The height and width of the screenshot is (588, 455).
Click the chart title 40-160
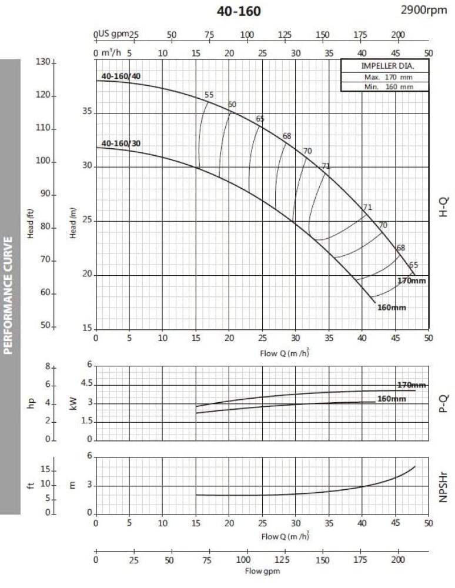pyautogui.click(x=239, y=12)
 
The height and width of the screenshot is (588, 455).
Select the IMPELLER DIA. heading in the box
pyautogui.click(x=384, y=66)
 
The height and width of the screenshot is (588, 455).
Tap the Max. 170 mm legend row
pyautogui.click(x=384, y=77)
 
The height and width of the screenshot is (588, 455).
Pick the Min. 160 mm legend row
pyautogui.click(x=384, y=86)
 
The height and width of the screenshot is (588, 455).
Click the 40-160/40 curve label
pyautogui.click(x=121, y=76)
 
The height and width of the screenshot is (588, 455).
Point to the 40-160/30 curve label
pyautogui.click(x=121, y=143)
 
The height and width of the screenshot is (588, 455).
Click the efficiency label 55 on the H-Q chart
pyautogui.click(x=209, y=95)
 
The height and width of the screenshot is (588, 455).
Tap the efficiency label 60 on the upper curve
pyautogui.click(x=232, y=105)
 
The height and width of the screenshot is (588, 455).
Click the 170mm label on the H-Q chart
pyautogui.click(x=411, y=280)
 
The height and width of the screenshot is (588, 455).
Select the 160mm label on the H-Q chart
pyautogui.click(x=392, y=308)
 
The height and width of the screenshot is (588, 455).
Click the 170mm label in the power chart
pyautogui.click(x=411, y=385)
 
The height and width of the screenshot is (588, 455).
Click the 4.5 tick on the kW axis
pyautogui.click(x=86, y=385)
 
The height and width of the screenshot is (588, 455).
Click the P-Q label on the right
pyautogui.click(x=444, y=403)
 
